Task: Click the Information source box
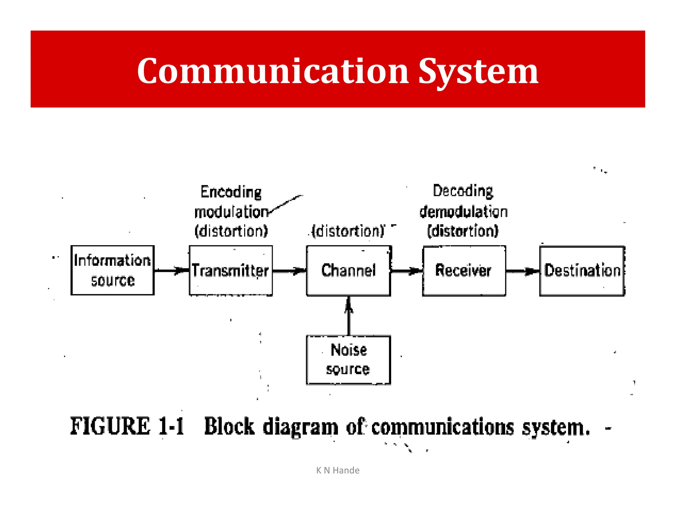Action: click(113, 270)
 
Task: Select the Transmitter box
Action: click(231, 270)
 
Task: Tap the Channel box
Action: click(349, 270)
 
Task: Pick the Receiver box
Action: click(464, 270)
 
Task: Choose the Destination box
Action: click(582, 270)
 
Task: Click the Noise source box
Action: click(349, 360)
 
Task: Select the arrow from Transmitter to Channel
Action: click(289, 271)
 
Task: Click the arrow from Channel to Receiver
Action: click(406, 271)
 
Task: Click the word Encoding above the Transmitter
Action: click(231, 192)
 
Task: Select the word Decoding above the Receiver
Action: click(463, 191)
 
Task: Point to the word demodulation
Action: click(463, 212)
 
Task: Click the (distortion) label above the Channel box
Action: click(349, 231)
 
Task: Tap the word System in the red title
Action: click(478, 71)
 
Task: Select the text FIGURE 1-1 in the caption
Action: click(127, 426)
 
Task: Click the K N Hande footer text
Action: click(338, 470)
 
